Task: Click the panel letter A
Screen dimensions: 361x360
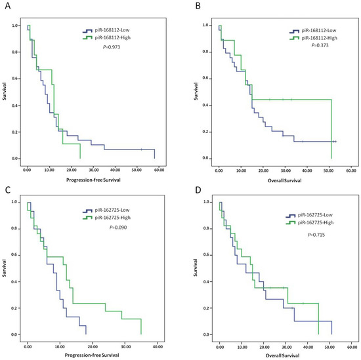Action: (x=8, y=6)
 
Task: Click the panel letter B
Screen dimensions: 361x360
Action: (x=198, y=6)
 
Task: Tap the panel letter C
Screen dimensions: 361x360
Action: (x=8, y=190)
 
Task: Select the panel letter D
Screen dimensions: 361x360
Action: (x=198, y=190)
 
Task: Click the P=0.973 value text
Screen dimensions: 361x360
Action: (x=112, y=47)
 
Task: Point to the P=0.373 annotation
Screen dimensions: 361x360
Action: (x=320, y=45)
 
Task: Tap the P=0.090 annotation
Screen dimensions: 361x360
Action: (x=118, y=228)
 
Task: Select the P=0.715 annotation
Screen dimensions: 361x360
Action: (x=316, y=235)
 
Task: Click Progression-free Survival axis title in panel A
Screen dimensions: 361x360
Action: (x=93, y=180)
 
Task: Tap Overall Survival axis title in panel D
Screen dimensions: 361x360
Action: (x=282, y=355)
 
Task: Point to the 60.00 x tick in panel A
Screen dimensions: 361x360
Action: (x=159, y=170)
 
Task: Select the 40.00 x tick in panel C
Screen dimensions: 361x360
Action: (x=158, y=347)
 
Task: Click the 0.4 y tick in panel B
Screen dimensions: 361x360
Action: (x=205, y=105)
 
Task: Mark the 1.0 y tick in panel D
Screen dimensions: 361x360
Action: (x=207, y=202)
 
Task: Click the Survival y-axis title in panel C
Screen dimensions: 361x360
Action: (x=5, y=268)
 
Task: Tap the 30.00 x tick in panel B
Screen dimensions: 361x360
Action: (x=286, y=170)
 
